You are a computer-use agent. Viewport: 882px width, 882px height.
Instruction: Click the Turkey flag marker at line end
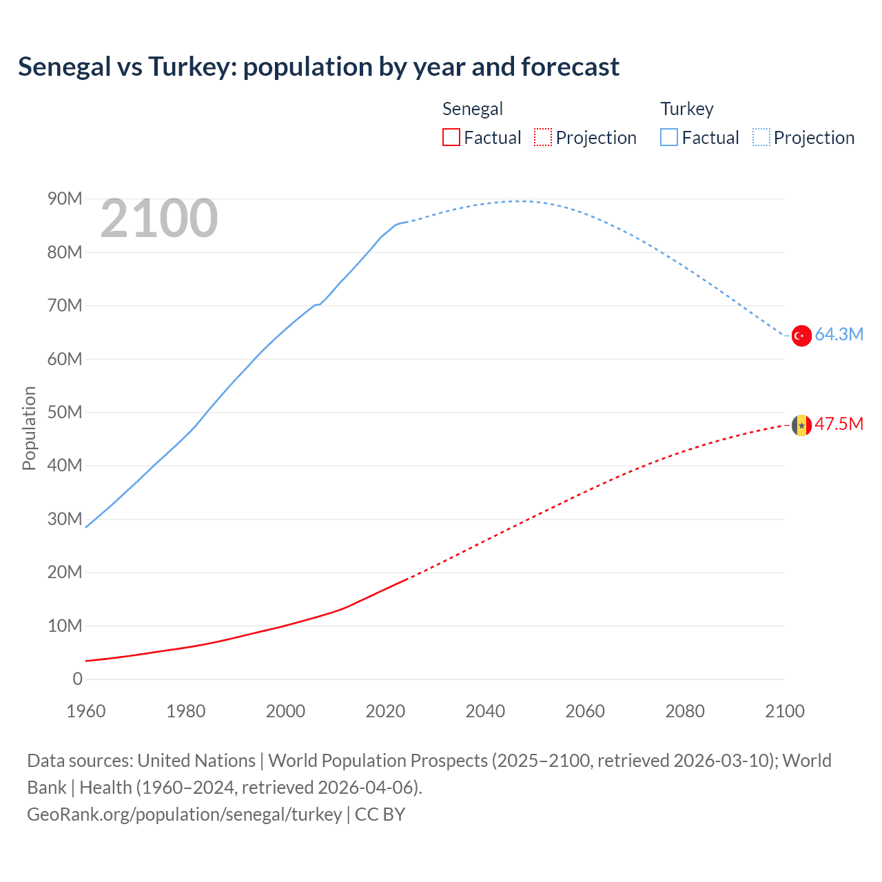point(801,336)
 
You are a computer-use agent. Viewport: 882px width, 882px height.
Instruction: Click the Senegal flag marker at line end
point(801,425)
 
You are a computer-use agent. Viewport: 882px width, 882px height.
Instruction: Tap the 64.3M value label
point(839,335)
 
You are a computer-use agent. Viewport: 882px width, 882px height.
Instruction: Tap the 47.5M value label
point(839,424)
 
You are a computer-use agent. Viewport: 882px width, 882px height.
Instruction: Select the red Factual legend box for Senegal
point(451,138)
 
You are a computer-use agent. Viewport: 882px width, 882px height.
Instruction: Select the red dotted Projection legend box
point(543,138)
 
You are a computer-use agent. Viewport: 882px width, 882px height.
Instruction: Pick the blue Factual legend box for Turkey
point(669,138)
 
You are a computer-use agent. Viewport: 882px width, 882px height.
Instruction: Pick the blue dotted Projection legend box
point(761,138)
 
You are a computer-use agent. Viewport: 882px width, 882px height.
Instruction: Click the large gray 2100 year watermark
point(159,219)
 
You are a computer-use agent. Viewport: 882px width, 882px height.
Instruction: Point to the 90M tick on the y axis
point(65,199)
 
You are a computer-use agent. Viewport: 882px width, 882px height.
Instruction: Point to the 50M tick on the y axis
point(65,413)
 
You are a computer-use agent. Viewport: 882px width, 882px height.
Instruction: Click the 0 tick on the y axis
point(77,679)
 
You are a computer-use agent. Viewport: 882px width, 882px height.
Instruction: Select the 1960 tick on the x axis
point(86,711)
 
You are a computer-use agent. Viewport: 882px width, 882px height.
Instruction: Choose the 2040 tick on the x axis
point(485,711)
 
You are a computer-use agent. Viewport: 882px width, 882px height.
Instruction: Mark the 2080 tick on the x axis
point(685,711)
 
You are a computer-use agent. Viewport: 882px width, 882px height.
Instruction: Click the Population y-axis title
point(29,428)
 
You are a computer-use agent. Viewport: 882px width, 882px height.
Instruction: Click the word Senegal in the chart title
point(65,67)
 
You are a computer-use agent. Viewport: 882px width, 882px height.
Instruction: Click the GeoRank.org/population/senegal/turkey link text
point(185,814)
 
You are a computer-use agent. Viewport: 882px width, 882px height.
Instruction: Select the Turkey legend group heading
point(687,109)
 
